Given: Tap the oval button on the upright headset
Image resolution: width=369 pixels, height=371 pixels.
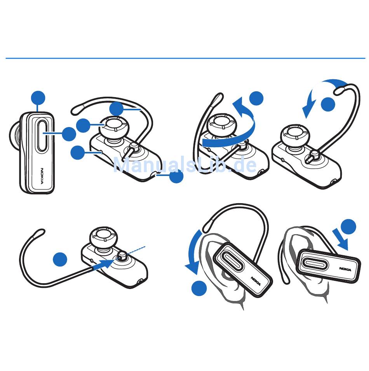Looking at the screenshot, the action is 42,135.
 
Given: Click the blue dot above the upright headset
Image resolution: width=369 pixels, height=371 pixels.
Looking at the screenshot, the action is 38,98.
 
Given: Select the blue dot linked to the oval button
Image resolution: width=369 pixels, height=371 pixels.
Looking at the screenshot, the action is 69,134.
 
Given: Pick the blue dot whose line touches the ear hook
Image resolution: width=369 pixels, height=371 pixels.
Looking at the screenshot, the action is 117,109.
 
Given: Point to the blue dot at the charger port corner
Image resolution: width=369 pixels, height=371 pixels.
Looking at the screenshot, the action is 176,176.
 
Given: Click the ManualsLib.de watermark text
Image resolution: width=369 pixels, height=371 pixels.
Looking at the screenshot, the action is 185,165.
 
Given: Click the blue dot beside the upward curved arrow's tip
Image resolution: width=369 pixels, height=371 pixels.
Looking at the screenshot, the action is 256,98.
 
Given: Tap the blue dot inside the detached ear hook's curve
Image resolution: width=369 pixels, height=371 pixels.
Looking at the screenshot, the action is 60,259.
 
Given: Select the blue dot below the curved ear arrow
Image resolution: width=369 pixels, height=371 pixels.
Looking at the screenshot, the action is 199,288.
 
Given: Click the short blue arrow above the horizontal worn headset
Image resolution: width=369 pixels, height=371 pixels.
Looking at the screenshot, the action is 340,239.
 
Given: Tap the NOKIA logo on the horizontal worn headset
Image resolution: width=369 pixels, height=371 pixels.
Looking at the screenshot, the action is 345,269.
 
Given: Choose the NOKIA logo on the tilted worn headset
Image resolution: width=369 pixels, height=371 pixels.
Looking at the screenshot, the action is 256,281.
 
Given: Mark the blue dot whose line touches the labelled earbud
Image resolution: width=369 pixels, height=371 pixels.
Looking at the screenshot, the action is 83,125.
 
